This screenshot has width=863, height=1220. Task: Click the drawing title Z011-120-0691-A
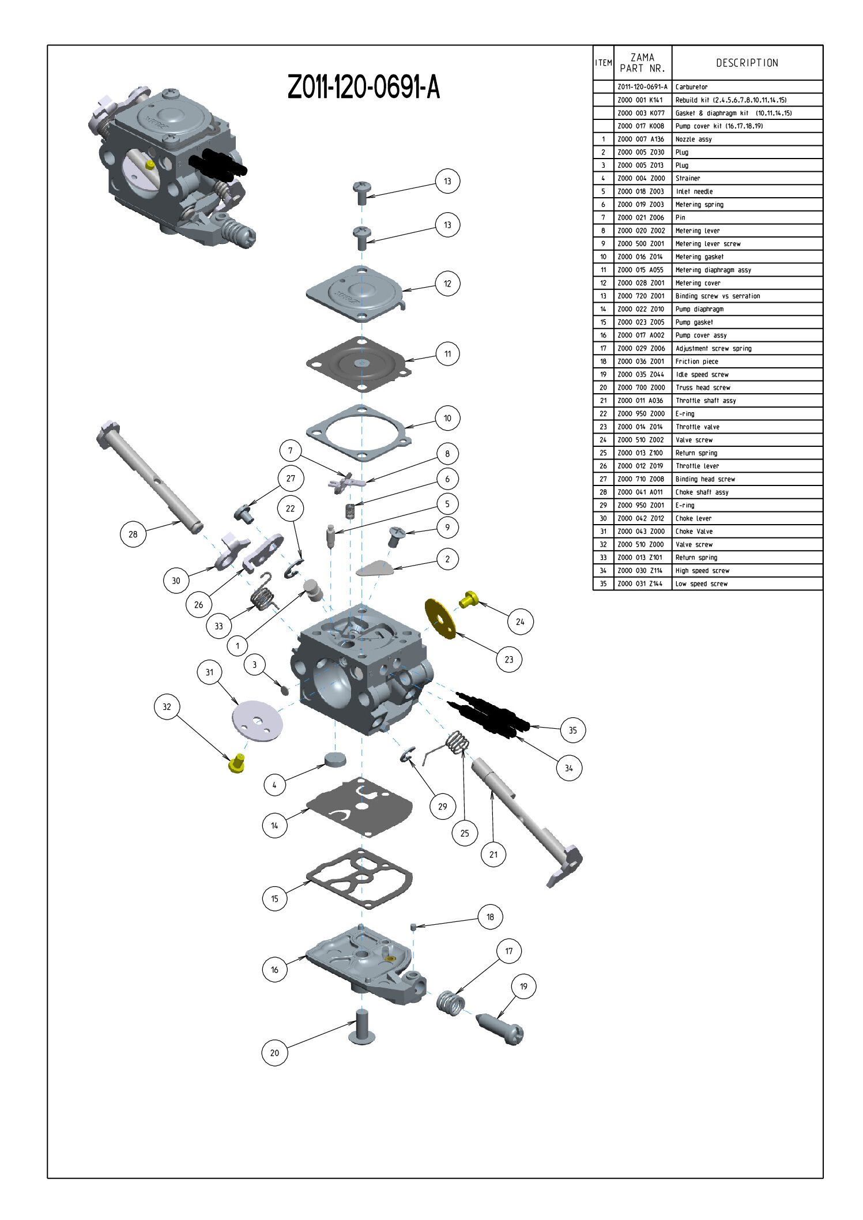tap(363, 88)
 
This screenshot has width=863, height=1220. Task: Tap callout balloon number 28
tap(133, 534)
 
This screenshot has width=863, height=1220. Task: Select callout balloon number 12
tap(447, 284)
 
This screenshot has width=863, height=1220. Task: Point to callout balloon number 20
tap(274, 1053)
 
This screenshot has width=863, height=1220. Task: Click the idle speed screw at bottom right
tap(500, 1029)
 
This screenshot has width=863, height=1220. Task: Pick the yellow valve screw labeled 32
tap(236, 763)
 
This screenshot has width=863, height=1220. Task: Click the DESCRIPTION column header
tap(747, 63)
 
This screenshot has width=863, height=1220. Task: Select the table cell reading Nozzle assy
tap(694, 140)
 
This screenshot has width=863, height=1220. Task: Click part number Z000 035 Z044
tap(641, 375)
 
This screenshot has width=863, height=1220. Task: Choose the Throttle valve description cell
tap(698, 427)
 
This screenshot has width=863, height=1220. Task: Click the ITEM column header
tap(603, 63)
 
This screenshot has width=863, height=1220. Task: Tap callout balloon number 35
tap(572, 730)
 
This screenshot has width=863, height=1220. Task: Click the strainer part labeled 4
tap(336, 758)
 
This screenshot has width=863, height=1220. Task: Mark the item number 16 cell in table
tap(603, 336)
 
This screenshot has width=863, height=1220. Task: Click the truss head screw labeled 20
tap(361, 1027)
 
